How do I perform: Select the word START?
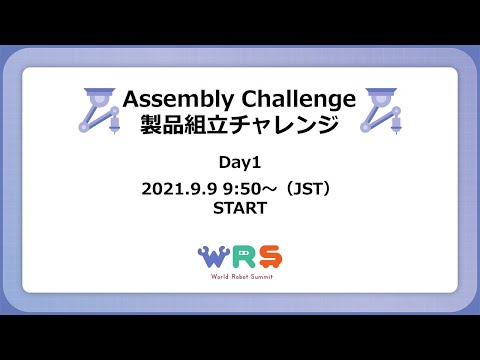240,209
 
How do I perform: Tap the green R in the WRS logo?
241,257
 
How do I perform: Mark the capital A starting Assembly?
129,99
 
